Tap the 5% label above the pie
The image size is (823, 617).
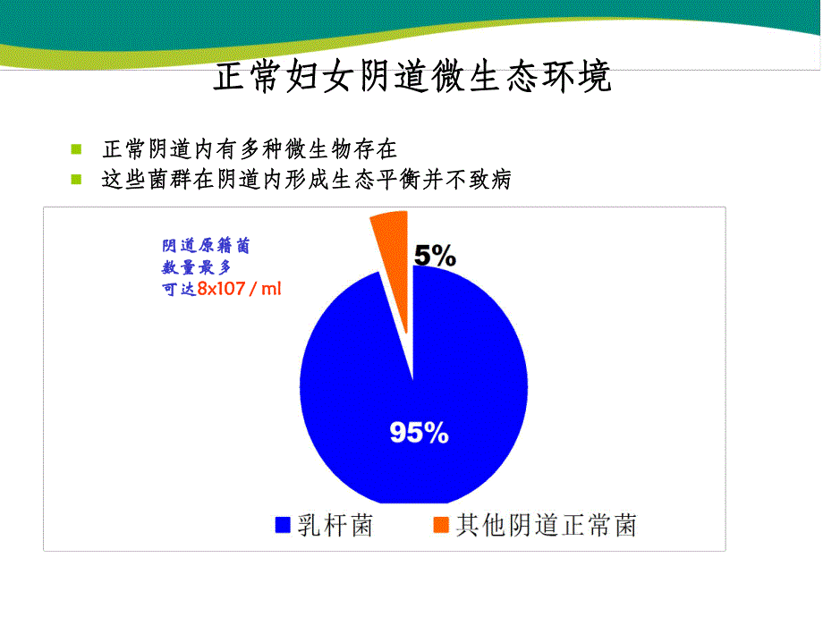(x=434, y=257)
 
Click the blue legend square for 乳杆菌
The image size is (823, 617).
(x=283, y=525)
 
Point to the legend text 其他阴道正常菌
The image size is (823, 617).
(x=546, y=525)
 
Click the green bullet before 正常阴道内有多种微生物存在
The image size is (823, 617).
(x=76, y=149)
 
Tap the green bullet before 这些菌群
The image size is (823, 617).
(x=76, y=180)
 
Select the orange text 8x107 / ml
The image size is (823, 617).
(x=239, y=289)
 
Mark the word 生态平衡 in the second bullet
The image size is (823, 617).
(x=370, y=180)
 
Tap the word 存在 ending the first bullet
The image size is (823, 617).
(x=377, y=149)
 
